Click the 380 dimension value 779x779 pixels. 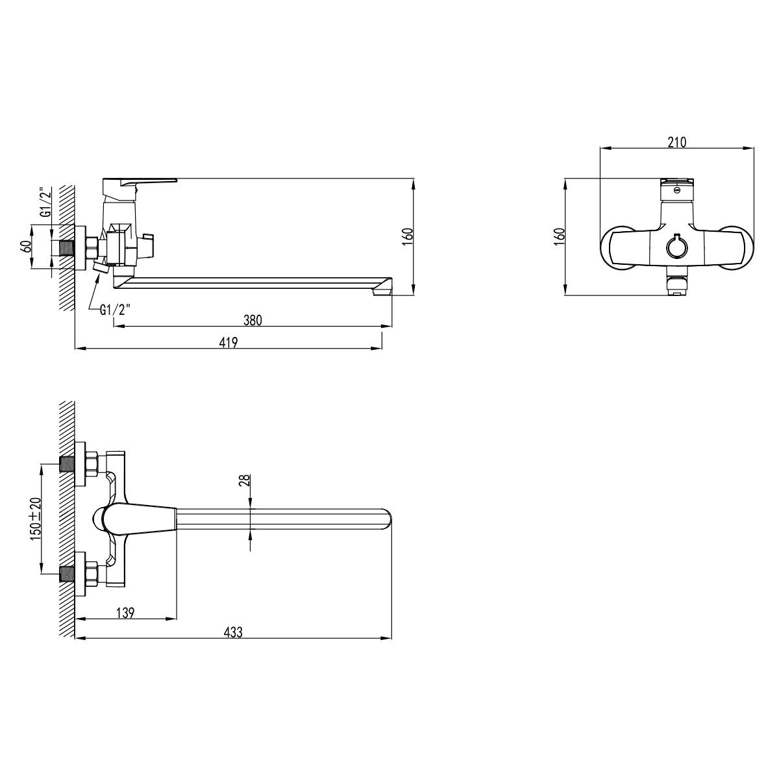(x=253, y=320)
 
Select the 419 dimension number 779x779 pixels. (x=229, y=342)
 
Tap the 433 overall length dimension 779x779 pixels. (x=233, y=632)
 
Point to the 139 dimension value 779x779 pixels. (x=125, y=612)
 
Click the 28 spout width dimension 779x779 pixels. (x=245, y=480)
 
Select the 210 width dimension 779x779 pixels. (x=677, y=142)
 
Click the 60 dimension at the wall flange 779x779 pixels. (x=25, y=246)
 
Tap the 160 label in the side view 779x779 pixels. (x=408, y=236)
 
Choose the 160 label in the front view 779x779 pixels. (x=560, y=237)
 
